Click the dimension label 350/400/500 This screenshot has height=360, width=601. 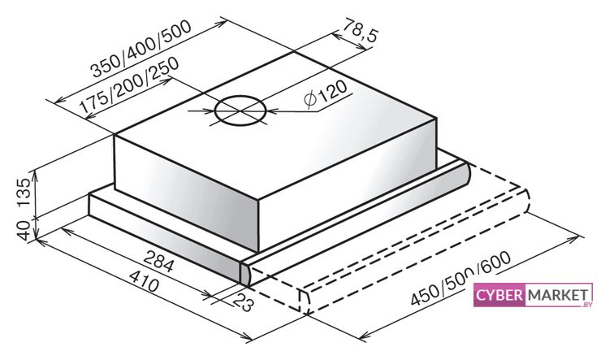[x=141, y=49]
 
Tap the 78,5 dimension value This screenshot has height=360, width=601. [x=359, y=30]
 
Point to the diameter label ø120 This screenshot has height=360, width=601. [x=326, y=94]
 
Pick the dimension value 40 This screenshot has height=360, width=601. [x=24, y=231]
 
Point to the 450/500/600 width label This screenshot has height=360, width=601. [x=460, y=279]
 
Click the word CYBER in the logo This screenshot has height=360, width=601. [x=499, y=295]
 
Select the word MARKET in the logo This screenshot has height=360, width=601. [x=558, y=295]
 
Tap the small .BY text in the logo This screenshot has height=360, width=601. [x=586, y=305]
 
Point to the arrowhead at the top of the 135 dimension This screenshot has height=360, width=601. [x=36, y=175]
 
